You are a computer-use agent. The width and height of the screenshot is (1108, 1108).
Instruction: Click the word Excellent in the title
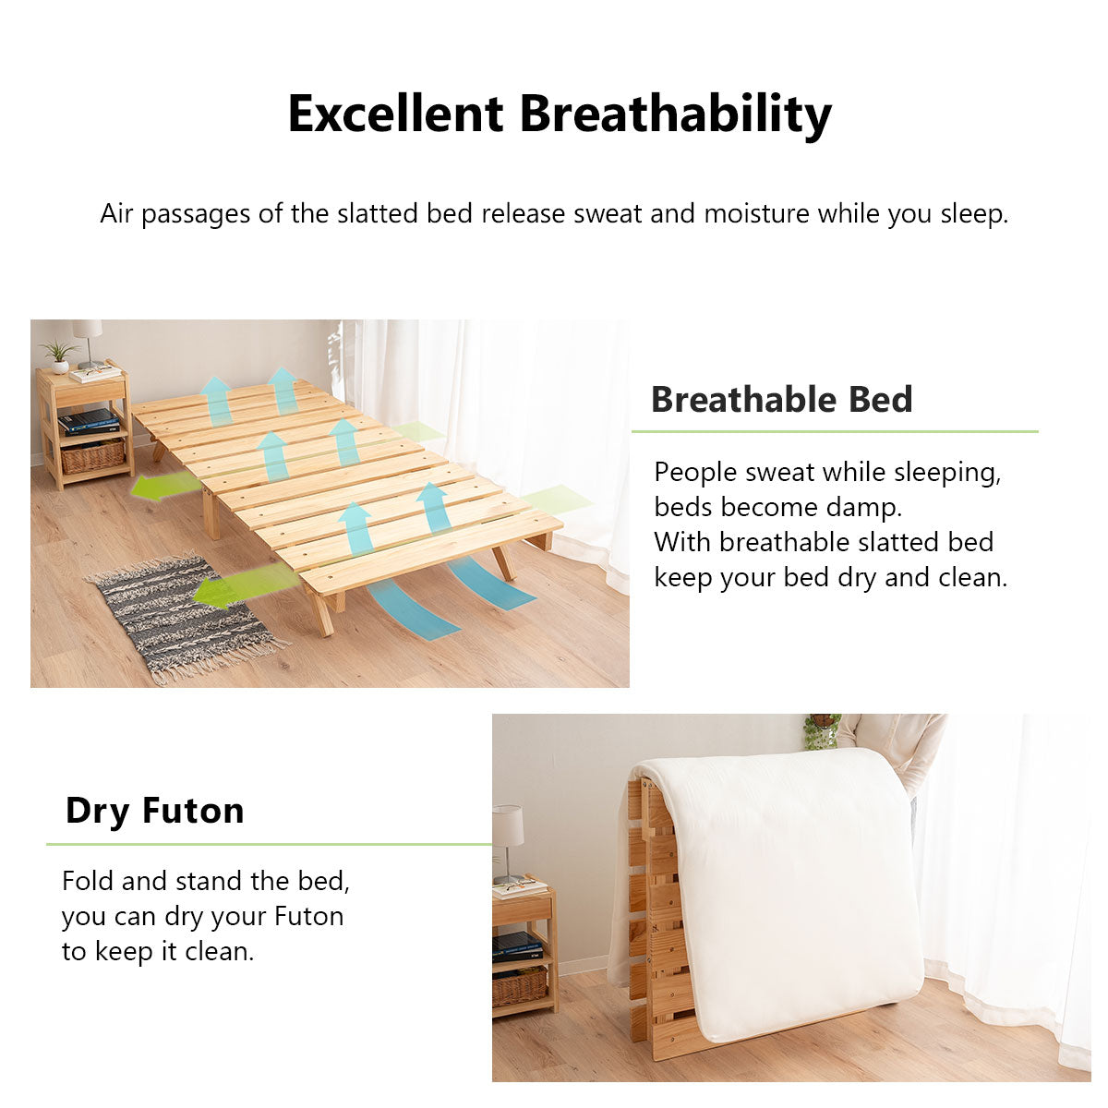click(395, 114)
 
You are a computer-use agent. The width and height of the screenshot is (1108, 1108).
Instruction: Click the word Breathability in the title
click(675, 114)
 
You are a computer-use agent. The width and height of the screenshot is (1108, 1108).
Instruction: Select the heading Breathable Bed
click(781, 400)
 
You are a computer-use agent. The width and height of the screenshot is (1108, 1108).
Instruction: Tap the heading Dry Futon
click(154, 811)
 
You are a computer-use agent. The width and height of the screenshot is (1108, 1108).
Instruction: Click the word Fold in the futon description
click(88, 881)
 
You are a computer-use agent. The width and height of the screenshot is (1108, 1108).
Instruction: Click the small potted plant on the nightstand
click(59, 355)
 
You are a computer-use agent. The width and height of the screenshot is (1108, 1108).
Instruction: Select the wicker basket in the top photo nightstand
click(92, 455)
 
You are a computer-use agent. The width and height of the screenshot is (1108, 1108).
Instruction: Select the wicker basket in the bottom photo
click(519, 987)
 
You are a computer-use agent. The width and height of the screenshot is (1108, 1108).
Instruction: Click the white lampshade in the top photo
click(88, 330)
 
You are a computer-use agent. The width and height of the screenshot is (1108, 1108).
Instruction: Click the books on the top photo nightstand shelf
click(89, 421)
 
